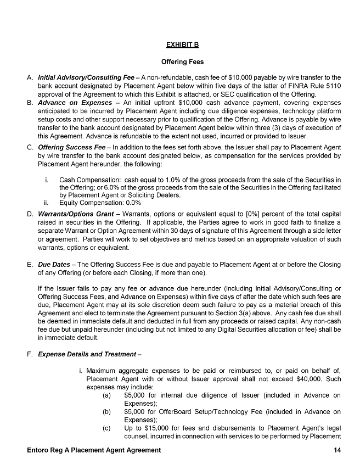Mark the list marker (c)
(x=106, y=428)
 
